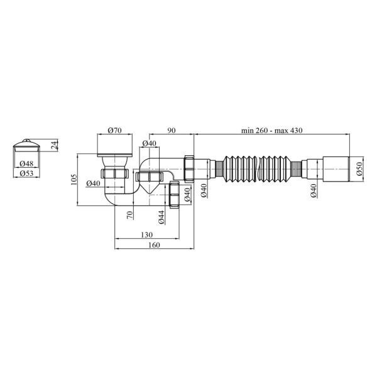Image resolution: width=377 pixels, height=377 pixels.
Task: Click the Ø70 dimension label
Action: [x=115, y=130]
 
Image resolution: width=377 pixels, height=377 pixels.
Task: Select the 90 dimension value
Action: [x=172, y=130]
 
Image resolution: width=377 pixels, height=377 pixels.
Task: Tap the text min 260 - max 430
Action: [x=271, y=130]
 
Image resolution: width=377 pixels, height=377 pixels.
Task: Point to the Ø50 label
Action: [x=359, y=169]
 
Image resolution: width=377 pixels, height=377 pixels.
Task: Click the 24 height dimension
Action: [x=55, y=145]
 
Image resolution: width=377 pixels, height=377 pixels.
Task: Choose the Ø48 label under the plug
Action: [x=26, y=164]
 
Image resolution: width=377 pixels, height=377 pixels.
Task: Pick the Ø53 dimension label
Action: [x=26, y=173]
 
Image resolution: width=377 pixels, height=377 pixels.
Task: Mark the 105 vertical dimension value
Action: [x=74, y=180]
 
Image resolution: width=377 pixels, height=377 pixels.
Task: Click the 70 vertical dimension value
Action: [x=129, y=215]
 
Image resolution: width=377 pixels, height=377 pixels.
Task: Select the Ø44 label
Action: [x=161, y=217]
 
